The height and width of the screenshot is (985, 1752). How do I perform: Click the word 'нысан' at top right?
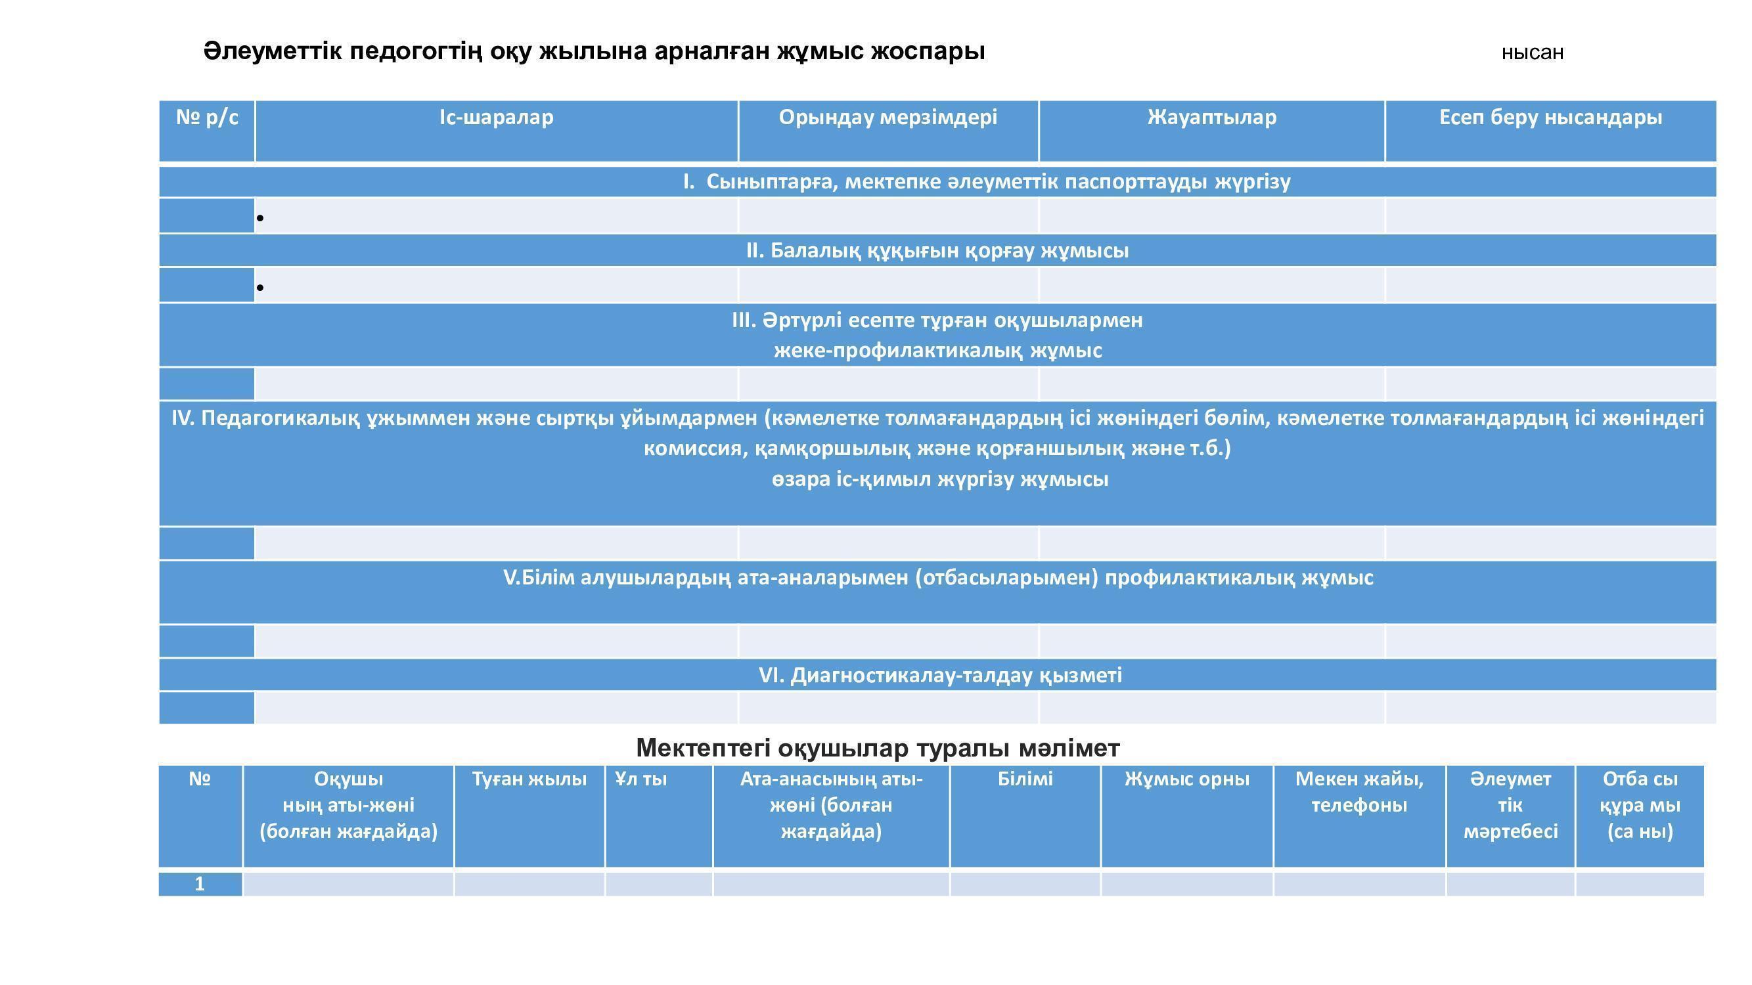[1532, 53]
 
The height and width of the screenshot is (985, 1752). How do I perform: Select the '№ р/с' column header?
[207, 118]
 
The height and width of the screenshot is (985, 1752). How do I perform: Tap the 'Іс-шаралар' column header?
[496, 118]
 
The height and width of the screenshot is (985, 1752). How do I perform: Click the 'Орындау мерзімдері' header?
[887, 118]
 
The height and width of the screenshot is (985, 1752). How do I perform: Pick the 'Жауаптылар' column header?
[1211, 118]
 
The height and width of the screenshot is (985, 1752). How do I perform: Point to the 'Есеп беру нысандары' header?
[1550, 118]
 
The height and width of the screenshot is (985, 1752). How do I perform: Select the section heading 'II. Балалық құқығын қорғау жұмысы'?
[937, 251]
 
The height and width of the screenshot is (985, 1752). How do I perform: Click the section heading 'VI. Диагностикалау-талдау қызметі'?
[940, 675]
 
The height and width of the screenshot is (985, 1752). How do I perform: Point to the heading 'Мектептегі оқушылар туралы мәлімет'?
[878, 748]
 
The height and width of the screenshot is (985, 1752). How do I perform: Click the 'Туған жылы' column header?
[529, 779]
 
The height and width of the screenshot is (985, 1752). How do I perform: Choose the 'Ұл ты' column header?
[640, 779]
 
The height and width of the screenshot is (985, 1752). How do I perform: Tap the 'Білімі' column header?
[1025, 779]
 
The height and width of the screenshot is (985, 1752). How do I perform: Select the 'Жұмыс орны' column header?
[1186, 779]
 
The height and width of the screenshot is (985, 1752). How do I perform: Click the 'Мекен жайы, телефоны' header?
[1359, 792]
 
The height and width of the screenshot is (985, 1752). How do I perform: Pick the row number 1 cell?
[200, 884]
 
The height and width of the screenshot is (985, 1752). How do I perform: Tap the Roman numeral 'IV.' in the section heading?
[183, 418]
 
